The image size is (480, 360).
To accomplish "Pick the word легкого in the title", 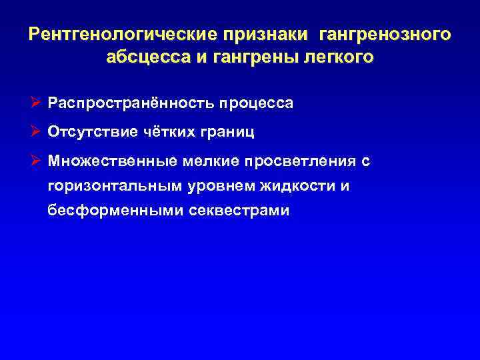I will coord(339,57).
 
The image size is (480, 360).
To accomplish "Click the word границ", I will coord(226,132).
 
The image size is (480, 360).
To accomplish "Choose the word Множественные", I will coord(108,161).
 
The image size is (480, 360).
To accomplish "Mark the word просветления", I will coord(300,161).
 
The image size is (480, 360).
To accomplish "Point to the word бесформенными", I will coord(104,211).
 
